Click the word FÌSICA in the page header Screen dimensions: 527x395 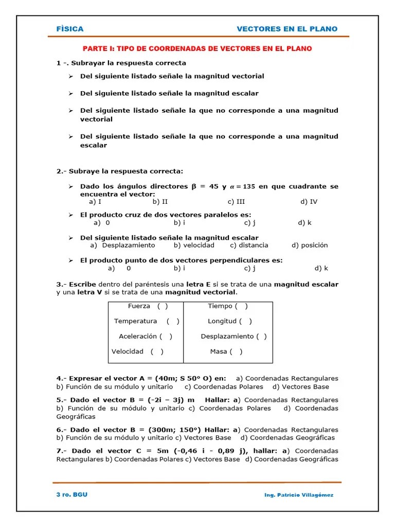coord(70,29)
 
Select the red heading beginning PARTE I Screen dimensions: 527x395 coord(197,48)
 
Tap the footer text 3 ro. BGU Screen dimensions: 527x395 coord(72,495)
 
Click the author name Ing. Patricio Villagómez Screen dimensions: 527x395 coord(299,495)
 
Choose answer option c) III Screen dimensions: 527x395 coord(236,202)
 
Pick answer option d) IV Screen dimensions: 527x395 coord(309,202)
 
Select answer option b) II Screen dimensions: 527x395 coord(160,202)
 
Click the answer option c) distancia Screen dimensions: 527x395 coord(249,245)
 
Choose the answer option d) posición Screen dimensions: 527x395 coord(310,245)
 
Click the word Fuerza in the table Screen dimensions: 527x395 coord(139,306)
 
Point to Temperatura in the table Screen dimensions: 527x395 coord(136,321)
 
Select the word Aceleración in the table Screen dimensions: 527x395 coord(137,337)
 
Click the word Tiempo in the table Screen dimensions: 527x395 coord(220,306)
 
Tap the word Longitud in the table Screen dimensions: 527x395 coord(222,321)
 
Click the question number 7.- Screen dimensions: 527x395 coord(62,451)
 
